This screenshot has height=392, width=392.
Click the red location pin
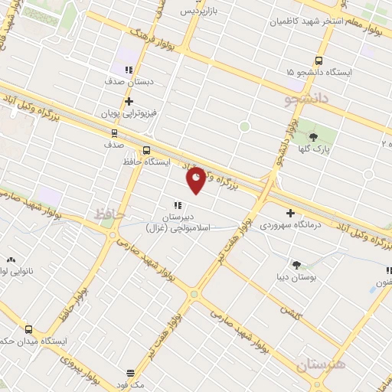[x=196, y=180]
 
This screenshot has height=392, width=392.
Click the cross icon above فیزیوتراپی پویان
[x=129, y=100]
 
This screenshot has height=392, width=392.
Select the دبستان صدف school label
[x=130, y=79]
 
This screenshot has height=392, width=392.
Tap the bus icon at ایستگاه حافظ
[x=146, y=150]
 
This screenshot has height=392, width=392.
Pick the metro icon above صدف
[x=114, y=132]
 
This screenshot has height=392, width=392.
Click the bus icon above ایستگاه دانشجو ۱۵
[x=318, y=60]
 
